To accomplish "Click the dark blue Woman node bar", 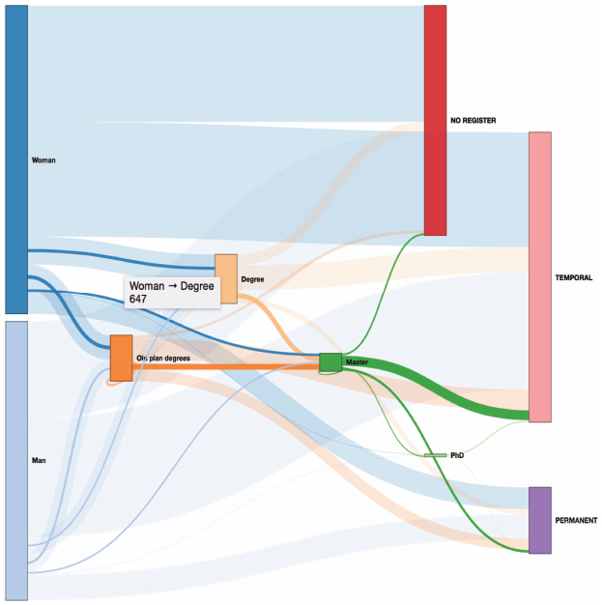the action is click(16, 159).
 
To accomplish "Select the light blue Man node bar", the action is click(16, 461).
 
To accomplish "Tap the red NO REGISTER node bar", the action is click(435, 120).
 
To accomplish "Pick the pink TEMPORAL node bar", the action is click(540, 277).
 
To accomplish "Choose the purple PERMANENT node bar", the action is click(540, 521).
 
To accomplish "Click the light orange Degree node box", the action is click(226, 279).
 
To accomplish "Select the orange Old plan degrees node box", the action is click(121, 358).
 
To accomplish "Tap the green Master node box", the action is click(330, 362).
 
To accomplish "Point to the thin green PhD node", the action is click(435, 455).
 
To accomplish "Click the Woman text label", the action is click(43, 160).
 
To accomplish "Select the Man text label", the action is click(39, 460).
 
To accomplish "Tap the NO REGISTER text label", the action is click(473, 121).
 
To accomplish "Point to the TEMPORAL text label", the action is click(573, 277).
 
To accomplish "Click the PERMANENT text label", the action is click(576, 521).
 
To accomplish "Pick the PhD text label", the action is click(457, 455).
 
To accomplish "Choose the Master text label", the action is click(357, 361).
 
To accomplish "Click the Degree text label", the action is click(252, 279).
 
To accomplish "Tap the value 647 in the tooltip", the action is click(138, 299).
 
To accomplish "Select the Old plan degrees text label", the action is click(163, 359).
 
